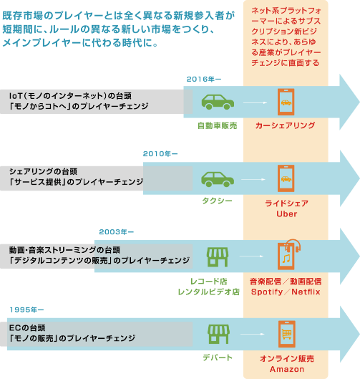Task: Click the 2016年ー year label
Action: [x=204, y=79]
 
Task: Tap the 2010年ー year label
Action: [x=160, y=154]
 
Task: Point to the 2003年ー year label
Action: [x=116, y=232]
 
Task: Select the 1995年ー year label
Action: [x=26, y=310]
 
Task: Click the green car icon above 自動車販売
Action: [x=218, y=102]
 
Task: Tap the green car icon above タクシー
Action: [x=218, y=179]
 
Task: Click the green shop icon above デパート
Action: [x=218, y=334]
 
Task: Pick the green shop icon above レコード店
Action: [x=218, y=256]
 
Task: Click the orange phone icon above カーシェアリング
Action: [x=286, y=102]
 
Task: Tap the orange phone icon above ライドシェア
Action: [x=286, y=178]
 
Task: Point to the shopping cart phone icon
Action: [x=286, y=334]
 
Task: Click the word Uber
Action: [x=286, y=214]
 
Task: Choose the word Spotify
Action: [x=267, y=292]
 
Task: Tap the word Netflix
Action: [x=306, y=292]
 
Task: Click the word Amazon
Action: [x=286, y=369]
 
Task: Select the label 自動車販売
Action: [x=218, y=125]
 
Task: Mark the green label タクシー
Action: [x=217, y=201]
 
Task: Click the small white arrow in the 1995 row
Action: [x=253, y=334]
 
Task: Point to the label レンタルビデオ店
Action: [x=208, y=292]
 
